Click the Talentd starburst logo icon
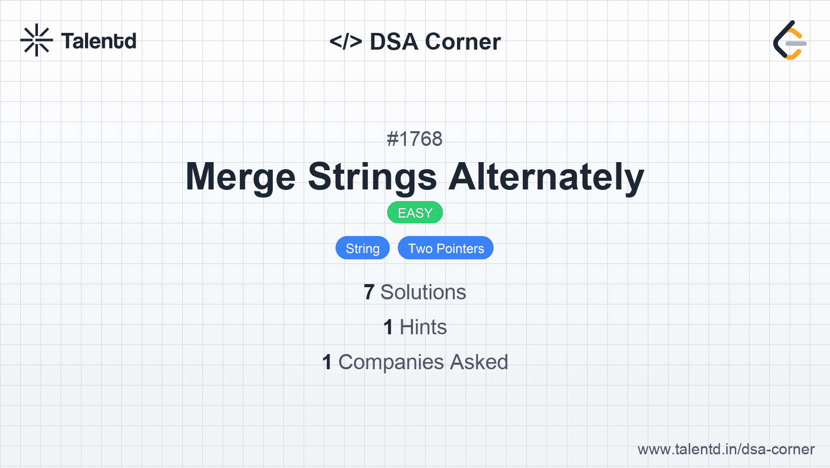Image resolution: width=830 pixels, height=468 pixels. pyautogui.click(x=36, y=40)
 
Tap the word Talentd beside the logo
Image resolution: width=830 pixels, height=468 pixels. pyautogui.click(x=99, y=41)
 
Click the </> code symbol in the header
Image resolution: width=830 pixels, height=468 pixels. pyautogui.click(x=346, y=42)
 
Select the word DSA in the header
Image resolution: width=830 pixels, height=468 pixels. pyautogui.click(x=394, y=42)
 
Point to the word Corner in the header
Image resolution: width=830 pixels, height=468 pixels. pyautogui.click(x=463, y=42)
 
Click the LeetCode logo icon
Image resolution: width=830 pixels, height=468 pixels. pyautogui.click(x=790, y=40)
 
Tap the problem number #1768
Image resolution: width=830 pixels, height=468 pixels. pyautogui.click(x=414, y=139)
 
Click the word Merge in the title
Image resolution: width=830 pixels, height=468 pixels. pyautogui.click(x=240, y=177)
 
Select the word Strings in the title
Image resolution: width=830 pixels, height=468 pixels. pyautogui.click(x=372, y=177)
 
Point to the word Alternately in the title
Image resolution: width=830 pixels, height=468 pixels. pyautogui.click(x=547, y=177)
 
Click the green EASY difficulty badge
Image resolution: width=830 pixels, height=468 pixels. pyautogui.click(x=415, y=213)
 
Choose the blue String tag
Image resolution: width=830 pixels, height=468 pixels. pyautogui.click(x=362, y=248)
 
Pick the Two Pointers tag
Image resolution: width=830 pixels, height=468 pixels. pyautogui.click(x=445, y=248)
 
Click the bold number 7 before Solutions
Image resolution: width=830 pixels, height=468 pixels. pyautogui.click(x=369, y=292)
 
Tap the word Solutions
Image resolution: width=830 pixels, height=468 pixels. pyautogui.click(x=423, y=292)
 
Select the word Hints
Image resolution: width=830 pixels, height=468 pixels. pyautogui.click(x=423, y=327)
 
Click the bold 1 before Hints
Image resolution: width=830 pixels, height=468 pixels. pyautogui.click(x=388, y=327)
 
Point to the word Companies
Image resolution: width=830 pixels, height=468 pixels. pyautogui.click(x=391, y=362)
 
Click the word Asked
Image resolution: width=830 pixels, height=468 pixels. pyautogui.click(x=479, y=362)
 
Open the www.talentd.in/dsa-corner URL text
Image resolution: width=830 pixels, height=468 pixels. pyautogui.click(x=726, y=449)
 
